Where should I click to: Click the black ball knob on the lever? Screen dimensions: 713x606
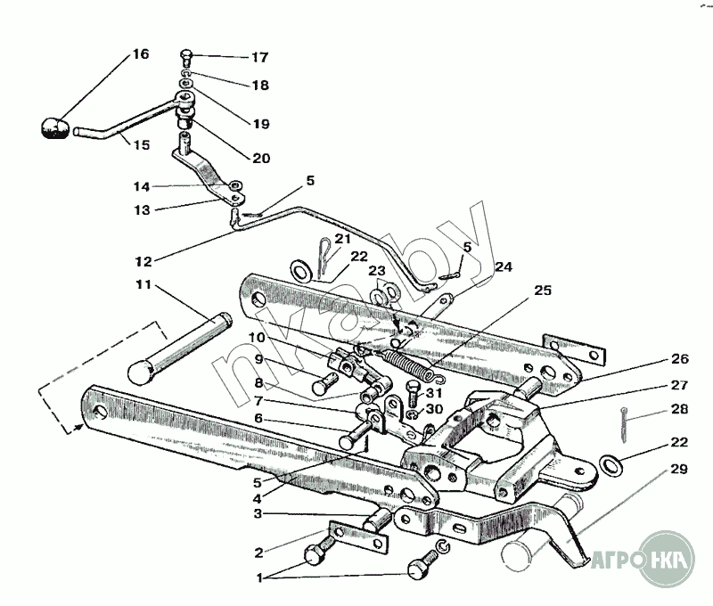[54, 128]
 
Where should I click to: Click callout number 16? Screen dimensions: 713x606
[141, 54]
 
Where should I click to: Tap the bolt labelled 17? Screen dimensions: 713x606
[186, 58]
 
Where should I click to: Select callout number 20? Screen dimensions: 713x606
[261, 159]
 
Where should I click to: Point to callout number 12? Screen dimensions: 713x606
[143, 262]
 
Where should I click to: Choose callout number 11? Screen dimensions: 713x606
[143, 285]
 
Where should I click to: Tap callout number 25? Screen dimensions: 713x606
[543, 290]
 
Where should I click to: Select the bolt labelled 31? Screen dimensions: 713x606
[413, 394]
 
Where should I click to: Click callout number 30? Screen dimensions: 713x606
[434, 409]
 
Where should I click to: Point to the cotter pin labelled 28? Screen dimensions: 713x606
[624, 423]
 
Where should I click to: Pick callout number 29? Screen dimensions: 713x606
[679, 469]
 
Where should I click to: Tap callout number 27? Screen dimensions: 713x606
[679, 386]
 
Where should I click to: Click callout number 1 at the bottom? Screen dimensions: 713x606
[259, 578]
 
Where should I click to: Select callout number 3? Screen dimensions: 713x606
[258, 514]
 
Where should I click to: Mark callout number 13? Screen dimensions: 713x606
[142, 210]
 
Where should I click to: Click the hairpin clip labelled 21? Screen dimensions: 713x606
[324, 257]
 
